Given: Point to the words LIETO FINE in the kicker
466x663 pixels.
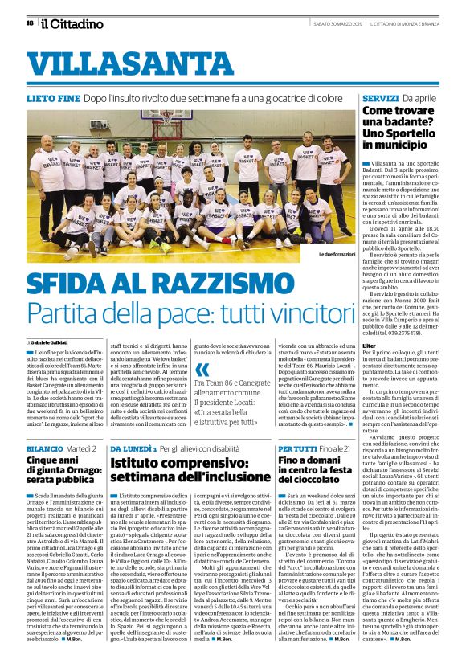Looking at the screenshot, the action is (53, 96).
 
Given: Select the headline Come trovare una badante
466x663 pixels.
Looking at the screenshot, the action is (400, 127).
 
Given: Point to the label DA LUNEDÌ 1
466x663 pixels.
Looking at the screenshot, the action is (133, 447).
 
